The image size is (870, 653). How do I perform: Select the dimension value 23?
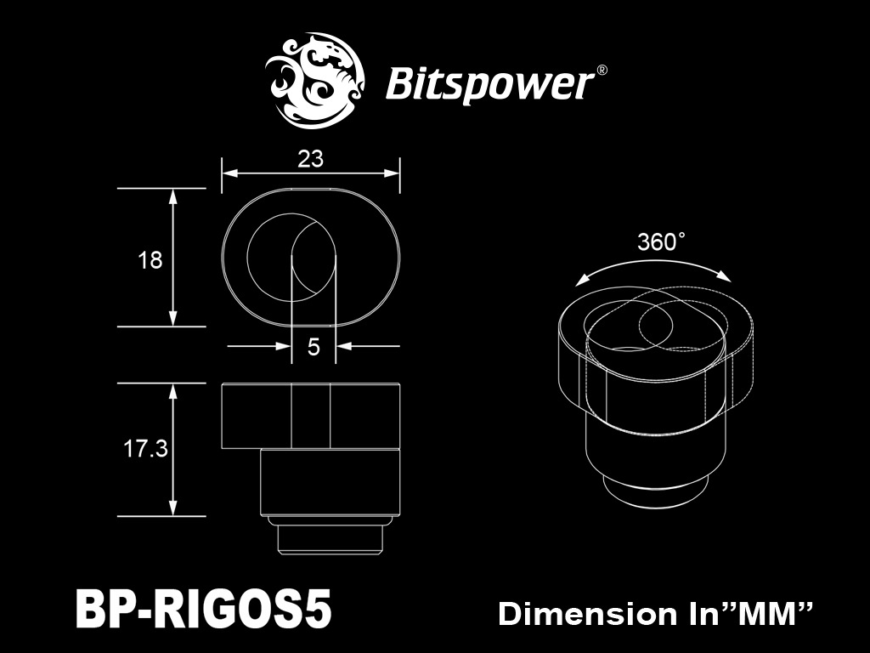click(312, 157)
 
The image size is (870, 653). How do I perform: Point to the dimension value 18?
click(150, 260)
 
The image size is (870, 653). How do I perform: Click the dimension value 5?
click(314, 347)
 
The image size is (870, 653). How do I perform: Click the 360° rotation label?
click(660, 242)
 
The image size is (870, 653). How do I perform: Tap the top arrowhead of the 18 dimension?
click(173, 195)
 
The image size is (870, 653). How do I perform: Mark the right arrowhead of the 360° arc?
click(725, 276)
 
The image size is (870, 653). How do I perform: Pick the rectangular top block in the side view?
click(311, 416)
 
